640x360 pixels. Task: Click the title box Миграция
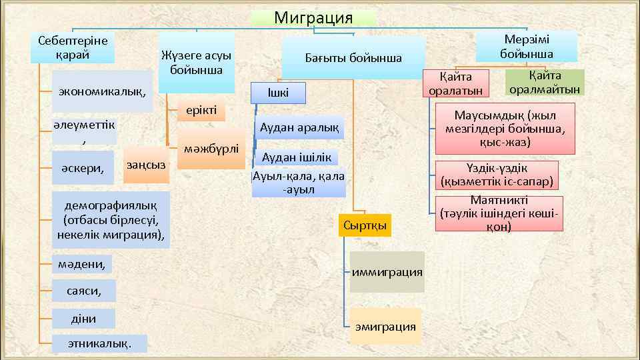pyautogui.click(x=313, y=18)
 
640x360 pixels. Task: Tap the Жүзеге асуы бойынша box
pyautogui.click(x=197, y=63)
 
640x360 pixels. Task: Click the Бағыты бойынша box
pyautogui.click(x=353, y=58)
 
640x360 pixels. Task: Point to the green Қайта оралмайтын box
pyautogui.click(x=545, y=82)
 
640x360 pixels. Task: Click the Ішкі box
pyautogui.click(x=277, y=93)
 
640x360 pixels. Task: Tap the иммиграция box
pyautogui.click(x=387, y=271)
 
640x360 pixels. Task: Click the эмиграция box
pyautogui.click(x=386, y=326)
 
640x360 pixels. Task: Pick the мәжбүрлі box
pyautogui.click(x=213, y=148)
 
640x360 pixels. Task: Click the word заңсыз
pyautogui.click(x=147, y=164)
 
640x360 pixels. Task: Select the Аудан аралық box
pyautogui.click(x=299, y=127)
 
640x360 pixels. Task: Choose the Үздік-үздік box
pyautogui.click(x=499, y=175)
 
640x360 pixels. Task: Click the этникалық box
pyautogui.click(x=100, y=344)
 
